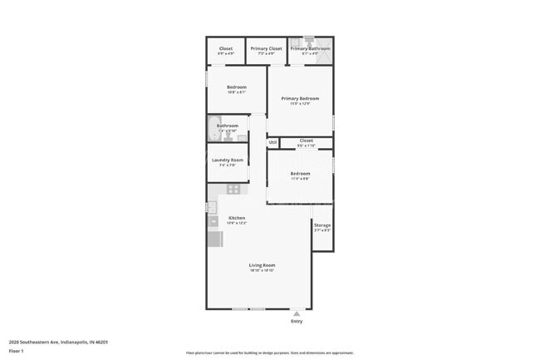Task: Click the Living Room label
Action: pos(262,265)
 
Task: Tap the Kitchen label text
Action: pos(237,218)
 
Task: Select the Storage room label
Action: pos(322,225)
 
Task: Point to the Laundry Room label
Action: pos(227,160)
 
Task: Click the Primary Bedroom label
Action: pos(300,99)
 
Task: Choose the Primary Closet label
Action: pos(267,49)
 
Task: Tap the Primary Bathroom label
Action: pos(310,49)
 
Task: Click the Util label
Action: pos(272,142)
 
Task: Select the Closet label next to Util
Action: pos(306,141)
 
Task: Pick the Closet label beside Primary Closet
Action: pos(226,49)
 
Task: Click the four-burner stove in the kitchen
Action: pos(234,190)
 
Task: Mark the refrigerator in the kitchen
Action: pos(214,239)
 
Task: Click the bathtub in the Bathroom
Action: pos(212,129)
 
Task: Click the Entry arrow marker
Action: pos(297,313)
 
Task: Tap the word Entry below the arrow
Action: pos(297,321)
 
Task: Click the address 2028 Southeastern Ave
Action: pos(59,342)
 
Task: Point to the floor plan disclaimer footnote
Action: pos(270,353)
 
